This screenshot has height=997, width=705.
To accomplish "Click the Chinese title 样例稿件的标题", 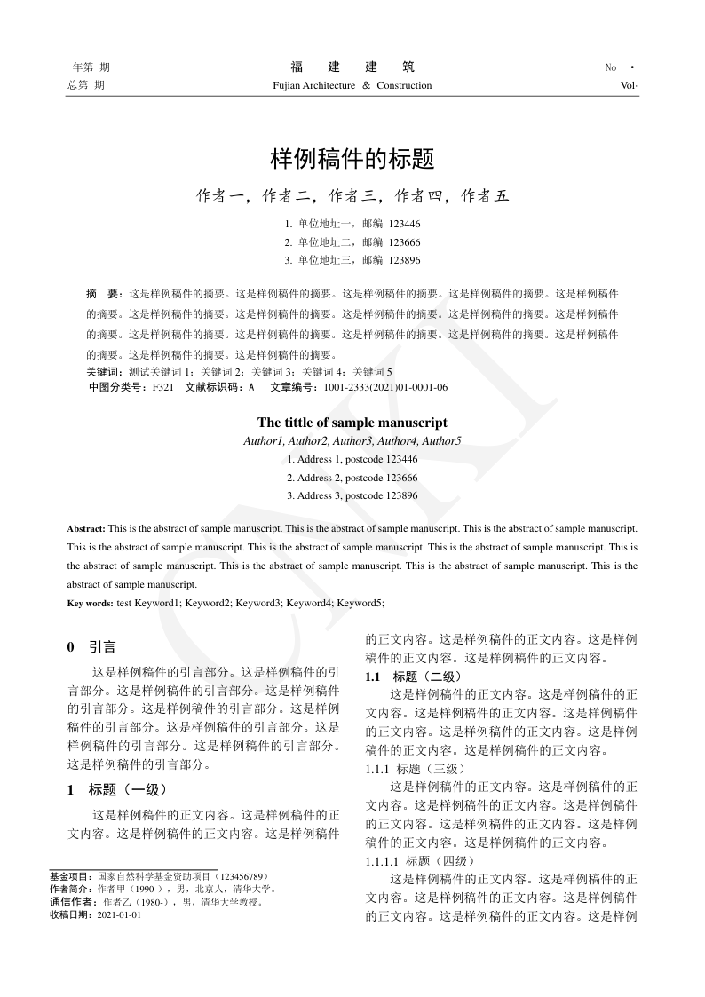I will point(352,161).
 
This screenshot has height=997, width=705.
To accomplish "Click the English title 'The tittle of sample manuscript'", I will point(352,423).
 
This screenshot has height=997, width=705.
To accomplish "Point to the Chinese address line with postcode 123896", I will point(352,260).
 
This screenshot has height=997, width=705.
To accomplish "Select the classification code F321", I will point(163,388).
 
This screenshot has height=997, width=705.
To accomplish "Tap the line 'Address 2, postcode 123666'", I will point(352,478).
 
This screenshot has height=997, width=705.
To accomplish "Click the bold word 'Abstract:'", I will point(86,528).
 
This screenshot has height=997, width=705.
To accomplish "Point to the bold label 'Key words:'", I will point(90,603).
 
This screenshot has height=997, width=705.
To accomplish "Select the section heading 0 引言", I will point(91,647).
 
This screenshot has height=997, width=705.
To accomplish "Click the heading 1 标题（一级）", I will point(117,789).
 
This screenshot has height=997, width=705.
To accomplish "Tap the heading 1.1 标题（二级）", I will point(413,677).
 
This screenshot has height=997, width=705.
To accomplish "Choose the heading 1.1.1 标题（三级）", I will point(414,768).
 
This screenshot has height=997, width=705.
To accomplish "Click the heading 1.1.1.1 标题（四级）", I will point(420,861).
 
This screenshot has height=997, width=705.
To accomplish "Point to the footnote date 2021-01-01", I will point(119,914).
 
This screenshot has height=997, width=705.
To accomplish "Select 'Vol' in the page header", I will point(629,86).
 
